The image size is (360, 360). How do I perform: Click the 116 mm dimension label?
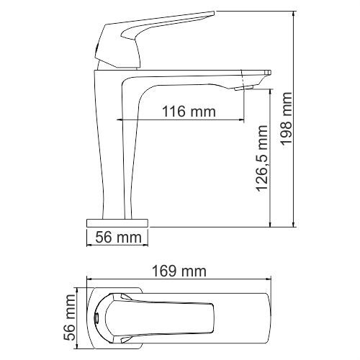pos(189,112)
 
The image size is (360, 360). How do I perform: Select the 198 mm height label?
pos(287,119)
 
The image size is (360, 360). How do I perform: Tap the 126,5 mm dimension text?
pos(261,158)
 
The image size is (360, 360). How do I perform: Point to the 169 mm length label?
pos(179,271)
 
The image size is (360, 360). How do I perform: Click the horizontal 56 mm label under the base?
pos(119,237)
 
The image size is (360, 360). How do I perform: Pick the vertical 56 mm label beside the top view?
pos(69,318)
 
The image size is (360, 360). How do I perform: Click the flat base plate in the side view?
pos(117,222)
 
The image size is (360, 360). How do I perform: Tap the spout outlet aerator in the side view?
pos(244,87)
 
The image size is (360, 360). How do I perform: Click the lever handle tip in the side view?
pos(212,12)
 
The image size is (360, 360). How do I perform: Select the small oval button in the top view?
pos(96,318)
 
